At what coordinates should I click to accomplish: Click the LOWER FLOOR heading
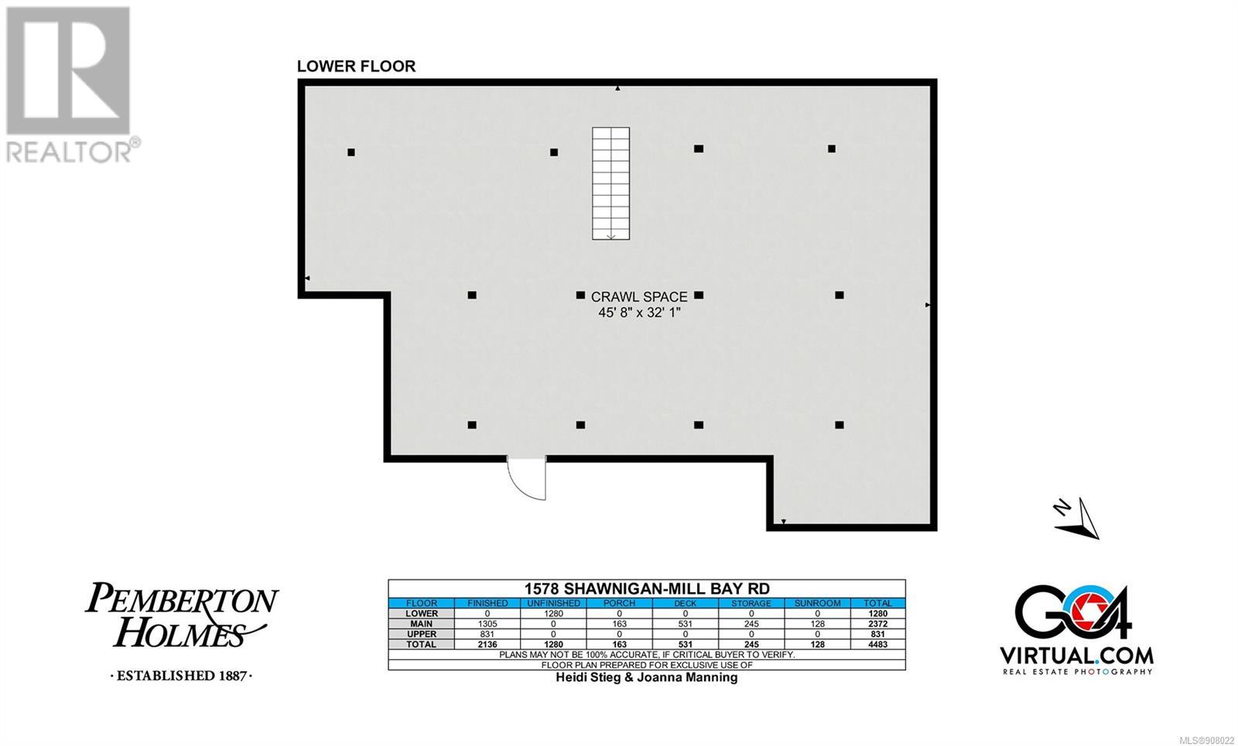coord(356,66)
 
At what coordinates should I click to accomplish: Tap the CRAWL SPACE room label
coord(639,297)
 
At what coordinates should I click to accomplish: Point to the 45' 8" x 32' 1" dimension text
coord(639,312)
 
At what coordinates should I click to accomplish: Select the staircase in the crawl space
coord(610,183)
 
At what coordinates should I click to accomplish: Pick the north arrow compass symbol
coord(1076,518)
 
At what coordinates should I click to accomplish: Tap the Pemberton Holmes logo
coord(181,615)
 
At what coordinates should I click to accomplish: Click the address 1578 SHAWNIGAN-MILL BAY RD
coord(647,588)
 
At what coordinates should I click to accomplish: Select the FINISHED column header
coord(487,603)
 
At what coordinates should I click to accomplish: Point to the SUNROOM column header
coord(817,603)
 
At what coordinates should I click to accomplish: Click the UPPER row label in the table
coord(421,634)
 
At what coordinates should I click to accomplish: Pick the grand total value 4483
coord(877,645)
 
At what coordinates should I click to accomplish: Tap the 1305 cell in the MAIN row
coord(487,623)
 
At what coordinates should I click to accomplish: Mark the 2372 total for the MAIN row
coord(877,623)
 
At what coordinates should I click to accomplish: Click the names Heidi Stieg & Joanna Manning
coord(647,677)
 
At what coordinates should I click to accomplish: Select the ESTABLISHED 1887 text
coord(181,676)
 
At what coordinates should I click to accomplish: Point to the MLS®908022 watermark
coord(1206,741)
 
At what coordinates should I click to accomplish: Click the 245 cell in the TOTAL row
coord(751,645)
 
